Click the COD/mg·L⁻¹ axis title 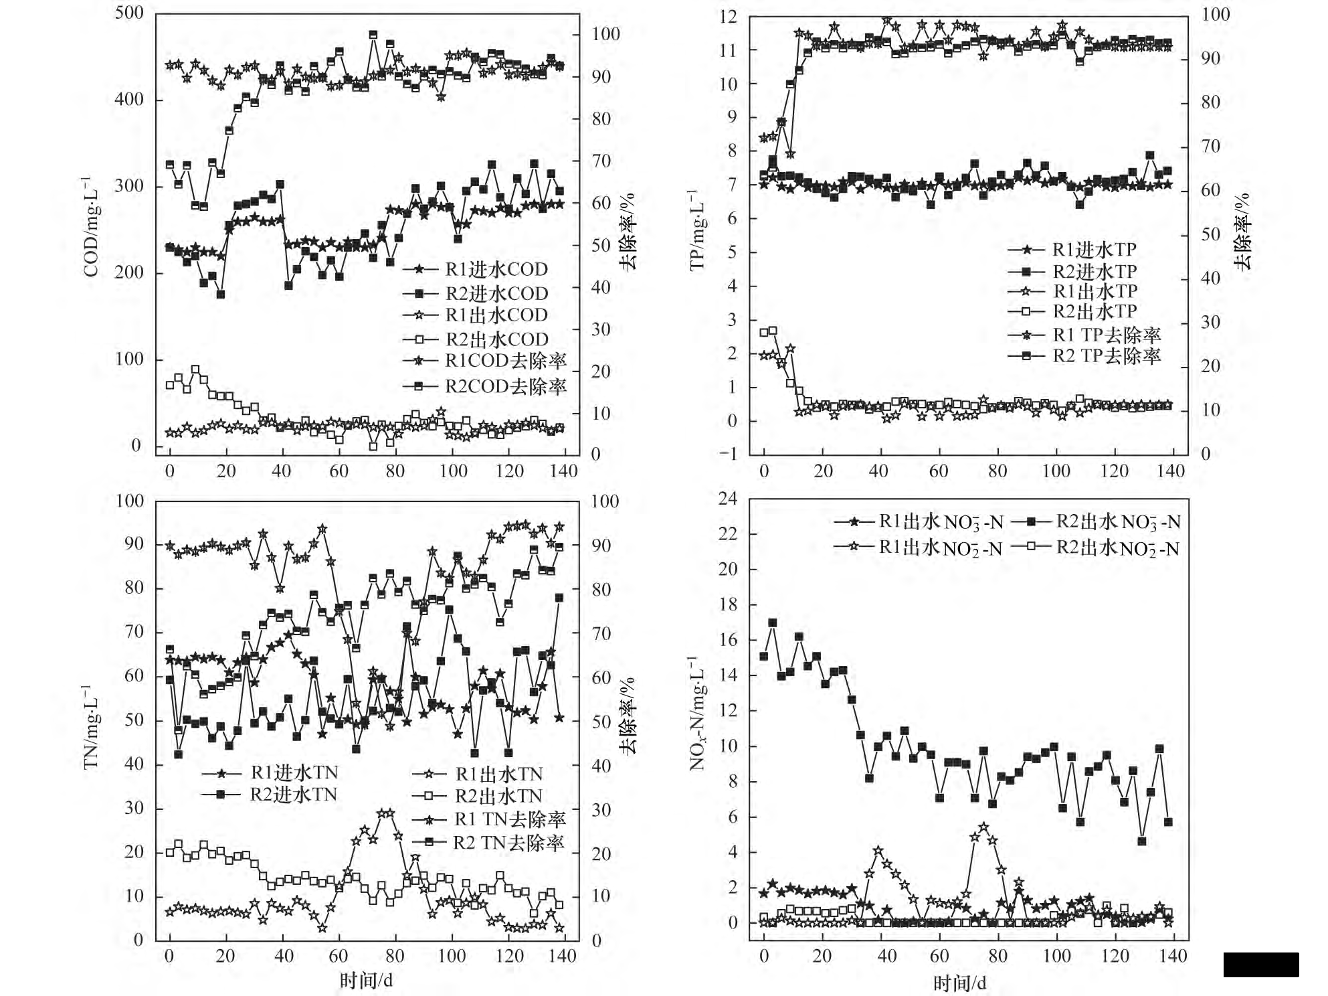[90, 227]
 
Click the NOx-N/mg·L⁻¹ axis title [697, 714]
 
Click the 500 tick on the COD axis [129, 13]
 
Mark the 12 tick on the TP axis [728, 17]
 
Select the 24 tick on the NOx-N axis [728, 499]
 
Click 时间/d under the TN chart [366, 981]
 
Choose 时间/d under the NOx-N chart [959, 983]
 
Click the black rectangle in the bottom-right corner [1261, 965]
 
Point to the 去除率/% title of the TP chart [1242, 232]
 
